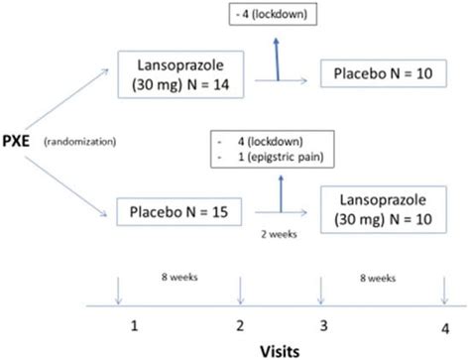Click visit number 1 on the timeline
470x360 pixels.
132,325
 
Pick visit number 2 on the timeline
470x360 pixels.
241,325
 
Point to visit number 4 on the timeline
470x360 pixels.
443,327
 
